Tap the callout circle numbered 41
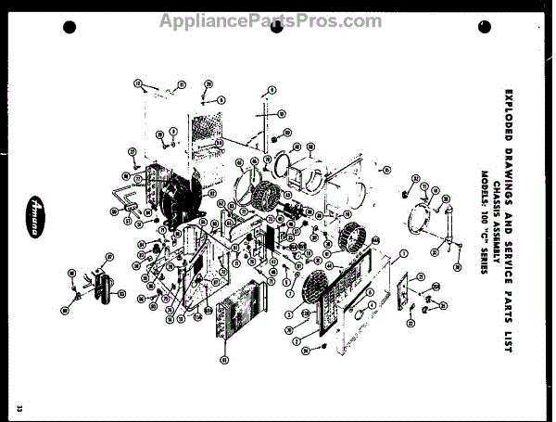224,359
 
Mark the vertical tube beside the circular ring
450,227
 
